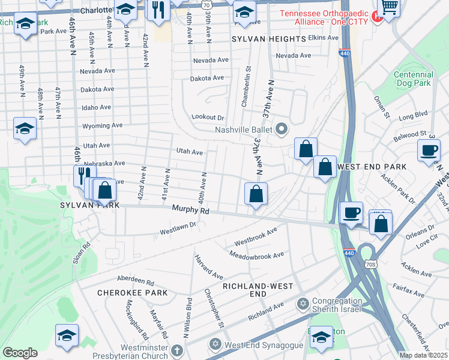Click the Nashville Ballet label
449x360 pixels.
243,130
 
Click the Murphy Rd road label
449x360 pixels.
190,211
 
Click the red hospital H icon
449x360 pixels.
378,17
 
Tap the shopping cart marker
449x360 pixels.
389,8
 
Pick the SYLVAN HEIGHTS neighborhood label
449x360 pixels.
269,39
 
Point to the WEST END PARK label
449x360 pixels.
372,166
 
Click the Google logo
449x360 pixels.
20,353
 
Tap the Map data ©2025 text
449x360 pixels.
423,355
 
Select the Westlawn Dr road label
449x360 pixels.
178,228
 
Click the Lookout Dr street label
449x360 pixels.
208,118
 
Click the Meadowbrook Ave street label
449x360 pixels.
256,255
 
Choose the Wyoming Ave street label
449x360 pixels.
102,126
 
